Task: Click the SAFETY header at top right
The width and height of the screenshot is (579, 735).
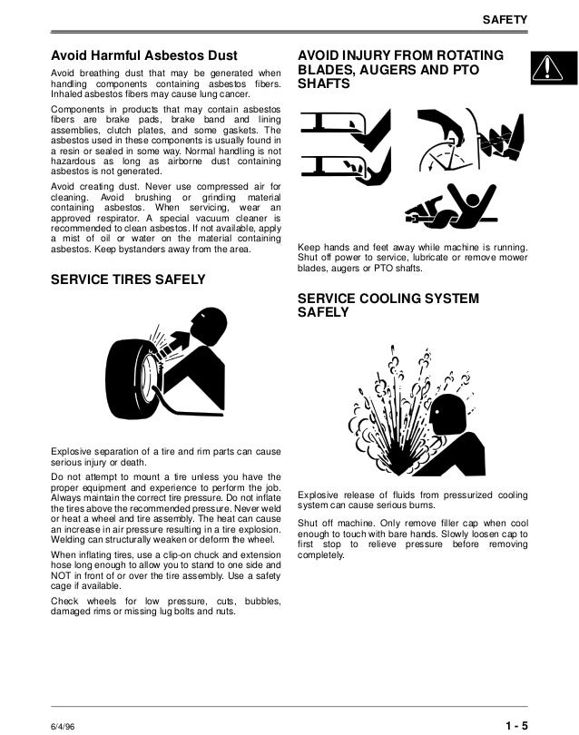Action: [x=505, y=20]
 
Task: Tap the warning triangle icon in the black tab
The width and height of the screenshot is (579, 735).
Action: [x=546, y=68]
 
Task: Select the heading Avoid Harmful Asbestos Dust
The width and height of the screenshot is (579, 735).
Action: [x=144, y=55]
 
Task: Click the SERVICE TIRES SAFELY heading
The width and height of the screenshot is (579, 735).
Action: [x=128, y=279]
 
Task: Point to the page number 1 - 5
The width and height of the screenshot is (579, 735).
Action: [x=516, y=726]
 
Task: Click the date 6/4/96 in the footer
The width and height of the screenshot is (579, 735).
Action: [x=63, y=727]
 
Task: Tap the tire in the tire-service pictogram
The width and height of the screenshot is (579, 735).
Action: [x=133, y=378]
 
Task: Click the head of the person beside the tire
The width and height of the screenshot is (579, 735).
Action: [x=209, y=324]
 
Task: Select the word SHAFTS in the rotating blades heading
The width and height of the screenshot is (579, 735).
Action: [x=323, y=83]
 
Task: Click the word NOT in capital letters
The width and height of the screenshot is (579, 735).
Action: [x=60, y=575]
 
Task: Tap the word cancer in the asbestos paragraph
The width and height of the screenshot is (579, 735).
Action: [x=235, y=93]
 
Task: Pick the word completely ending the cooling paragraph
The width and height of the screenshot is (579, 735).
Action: [x=320, y=555]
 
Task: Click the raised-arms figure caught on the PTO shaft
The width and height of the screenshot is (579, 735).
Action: [x=469, y=205]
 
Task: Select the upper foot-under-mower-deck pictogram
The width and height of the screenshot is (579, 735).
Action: [x=346, y=130]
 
